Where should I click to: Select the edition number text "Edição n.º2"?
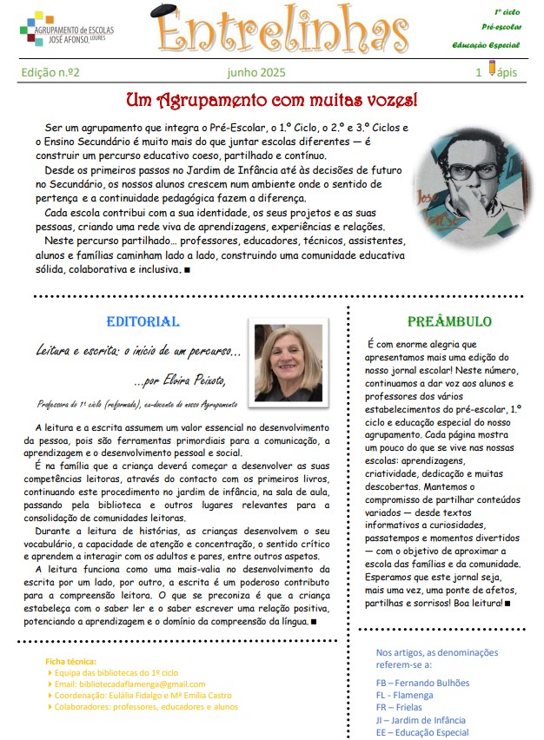click(50, 73)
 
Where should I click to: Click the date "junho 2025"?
click(255, 73)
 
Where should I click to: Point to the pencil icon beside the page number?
click(493, 69)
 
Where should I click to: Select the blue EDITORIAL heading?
click(143, 321)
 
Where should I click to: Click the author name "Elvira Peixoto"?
click(192, 380)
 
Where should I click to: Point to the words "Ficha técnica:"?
click(71, 662)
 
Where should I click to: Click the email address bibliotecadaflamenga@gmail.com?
click(129, 684)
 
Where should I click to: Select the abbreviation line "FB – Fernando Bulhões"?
click(421, 683)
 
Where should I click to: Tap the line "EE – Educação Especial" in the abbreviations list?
click(421, 733)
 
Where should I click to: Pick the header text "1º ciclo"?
click(508, 12)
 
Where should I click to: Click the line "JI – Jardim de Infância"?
click(420, 720)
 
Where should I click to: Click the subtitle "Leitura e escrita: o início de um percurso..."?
click(139, 352)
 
